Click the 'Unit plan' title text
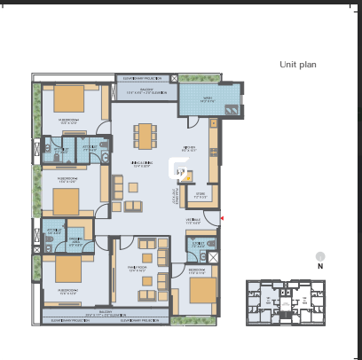[x=297, y=65]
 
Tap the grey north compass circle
[x=320, y=255]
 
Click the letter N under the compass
[x=320, y=266]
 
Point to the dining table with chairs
[x=145, y=135]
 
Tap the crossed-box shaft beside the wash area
[x=173, y=79]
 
